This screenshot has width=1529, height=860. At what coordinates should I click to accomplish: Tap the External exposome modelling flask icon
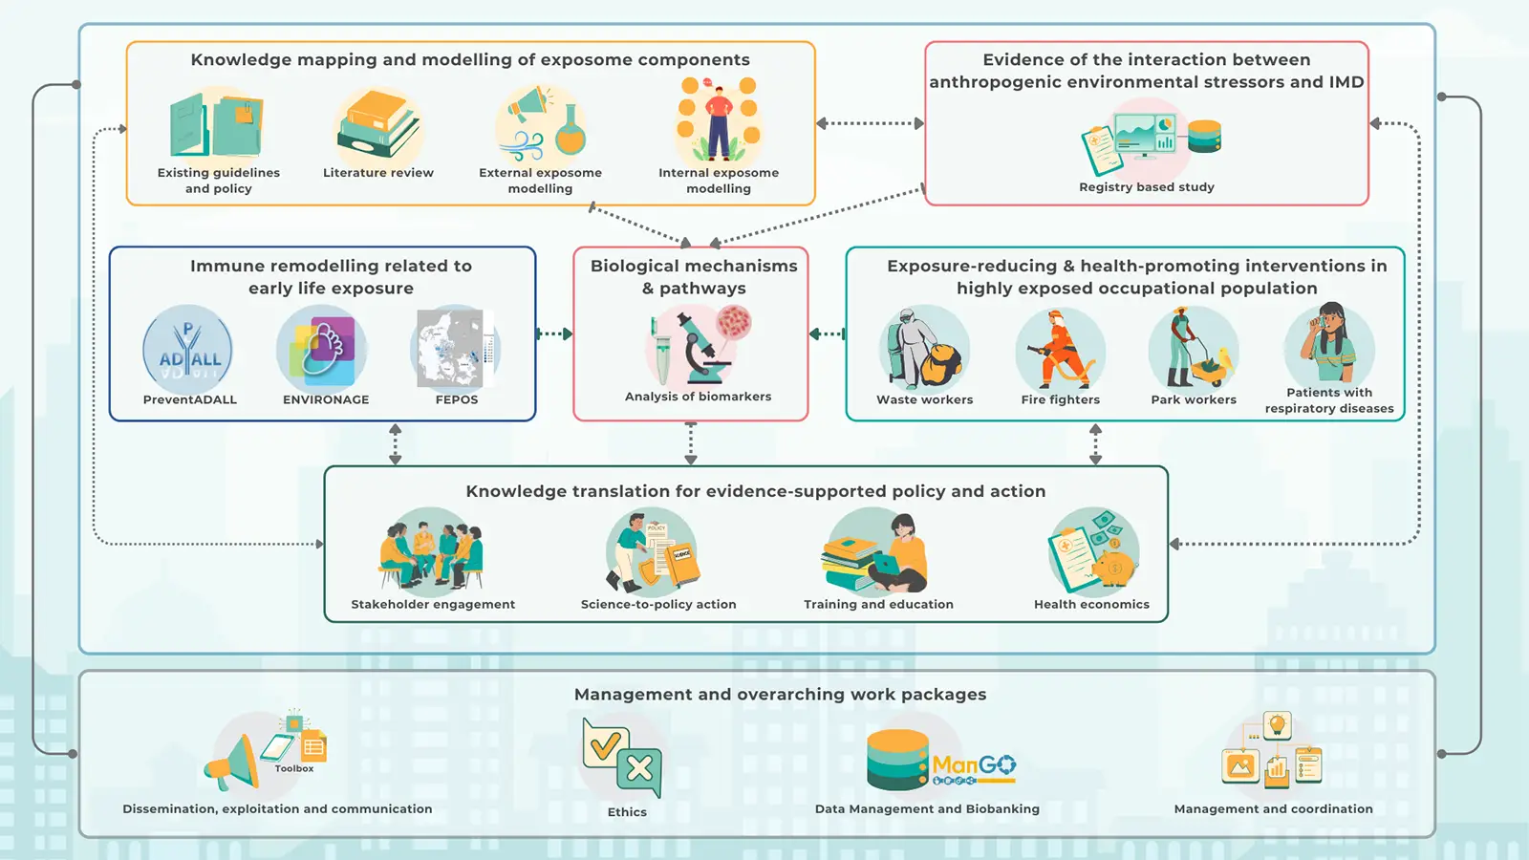[x=571, y=131]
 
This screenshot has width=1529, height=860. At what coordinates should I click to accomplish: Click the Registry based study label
[x=1146, y=187]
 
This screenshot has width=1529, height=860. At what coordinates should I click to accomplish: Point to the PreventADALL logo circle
[x=188, y=350]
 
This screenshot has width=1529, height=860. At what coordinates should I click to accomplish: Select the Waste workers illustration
[x=923, y=350]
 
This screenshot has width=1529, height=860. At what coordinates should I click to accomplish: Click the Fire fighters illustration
[x=1060, y=349]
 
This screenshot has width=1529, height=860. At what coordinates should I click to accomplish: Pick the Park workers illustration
[x=1193, y=349]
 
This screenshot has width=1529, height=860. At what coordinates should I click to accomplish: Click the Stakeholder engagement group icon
[x=431, y=553]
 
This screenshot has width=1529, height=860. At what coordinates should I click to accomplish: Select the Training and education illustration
[x=877, y=554]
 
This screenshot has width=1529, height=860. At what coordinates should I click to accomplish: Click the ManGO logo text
[x=973, y=765]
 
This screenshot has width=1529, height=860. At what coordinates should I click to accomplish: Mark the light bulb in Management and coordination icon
[x=1277, y=725]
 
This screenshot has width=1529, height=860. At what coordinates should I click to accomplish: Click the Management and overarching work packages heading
[x=780, y=695]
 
